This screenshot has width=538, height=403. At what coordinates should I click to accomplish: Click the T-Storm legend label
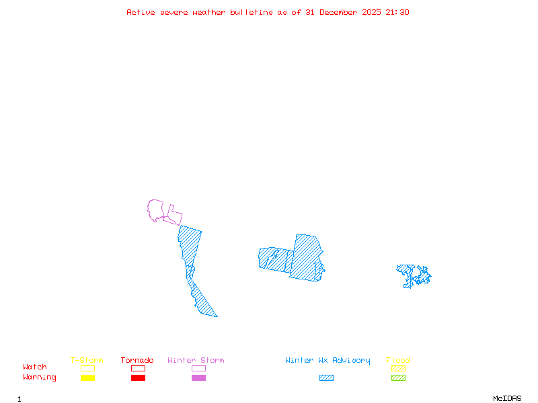[x=87, y=360]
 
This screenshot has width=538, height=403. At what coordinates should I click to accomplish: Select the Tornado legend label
[x=137, y=360]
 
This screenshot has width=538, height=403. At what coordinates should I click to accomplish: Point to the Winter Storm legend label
[x=196, y=360]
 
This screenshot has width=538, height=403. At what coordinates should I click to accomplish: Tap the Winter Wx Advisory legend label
[x=328, y=360]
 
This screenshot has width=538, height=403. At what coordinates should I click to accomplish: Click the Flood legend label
[x=398, y=360]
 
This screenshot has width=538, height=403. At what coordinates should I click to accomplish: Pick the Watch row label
[x=35, y=367]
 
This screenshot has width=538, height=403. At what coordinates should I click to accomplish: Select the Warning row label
[x=40, y=377]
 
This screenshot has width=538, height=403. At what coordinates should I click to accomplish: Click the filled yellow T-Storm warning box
[x=87, y=378]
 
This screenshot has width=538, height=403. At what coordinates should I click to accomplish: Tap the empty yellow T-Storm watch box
[x=87, y=368]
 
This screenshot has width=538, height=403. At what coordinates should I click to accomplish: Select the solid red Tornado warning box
[x=138, y=378]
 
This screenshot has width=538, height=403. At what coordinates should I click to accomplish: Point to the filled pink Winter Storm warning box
[x=198, y=378]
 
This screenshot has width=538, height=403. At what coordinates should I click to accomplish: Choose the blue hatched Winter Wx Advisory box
[x=326, y=378]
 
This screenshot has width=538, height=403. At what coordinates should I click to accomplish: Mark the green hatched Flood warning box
[x=398, y=378]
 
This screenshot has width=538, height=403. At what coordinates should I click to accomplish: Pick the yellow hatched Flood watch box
[x=398, y=368]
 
